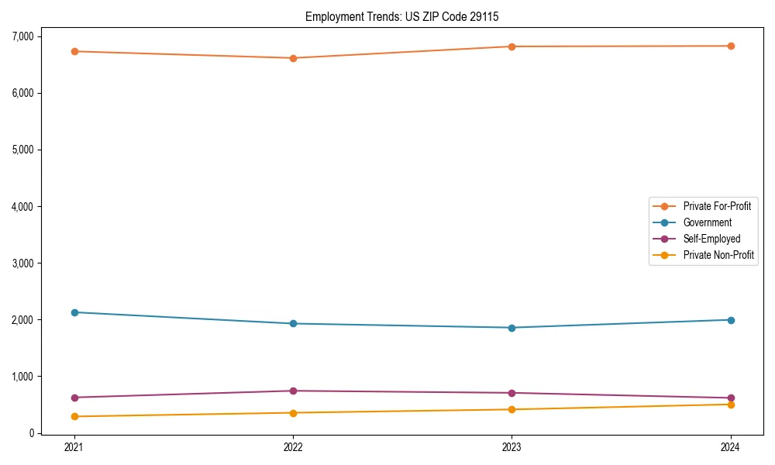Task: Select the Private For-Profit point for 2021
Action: (74, 51)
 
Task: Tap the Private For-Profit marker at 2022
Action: (293, 58)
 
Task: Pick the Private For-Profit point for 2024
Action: (731, 46)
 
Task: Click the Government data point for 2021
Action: (74, 312)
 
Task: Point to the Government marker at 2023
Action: (511, 328)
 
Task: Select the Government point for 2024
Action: (731, 320)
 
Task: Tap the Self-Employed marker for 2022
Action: (293, 391)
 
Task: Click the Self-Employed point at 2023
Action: (511, 393)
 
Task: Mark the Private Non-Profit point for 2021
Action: (74, 416)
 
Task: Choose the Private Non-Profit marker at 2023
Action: (511, 409)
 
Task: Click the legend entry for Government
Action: (707, 222)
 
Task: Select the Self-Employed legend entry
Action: (711, 239)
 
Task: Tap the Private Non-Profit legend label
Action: (718, 255)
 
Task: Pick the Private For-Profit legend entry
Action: (717, 206)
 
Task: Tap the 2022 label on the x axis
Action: (293, 447)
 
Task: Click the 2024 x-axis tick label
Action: (731, 447)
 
